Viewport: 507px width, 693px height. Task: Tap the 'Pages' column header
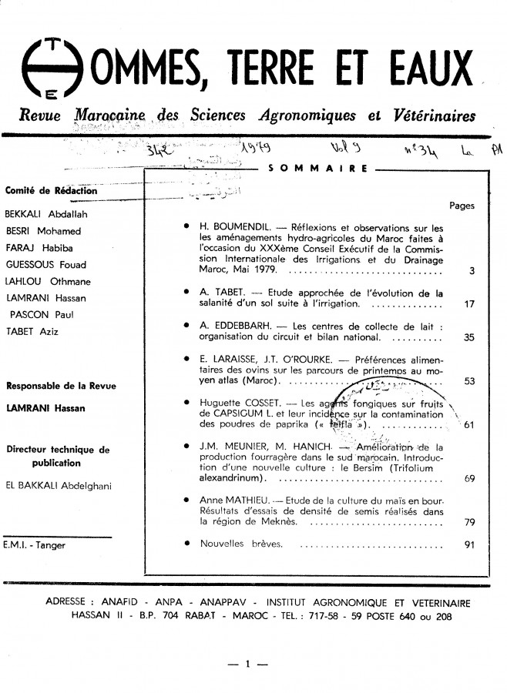(462, 206)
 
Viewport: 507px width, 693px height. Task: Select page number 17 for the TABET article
(469, 304)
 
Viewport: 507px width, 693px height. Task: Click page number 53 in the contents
(469, 380)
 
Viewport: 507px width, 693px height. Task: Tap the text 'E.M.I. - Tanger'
(35, 545)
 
